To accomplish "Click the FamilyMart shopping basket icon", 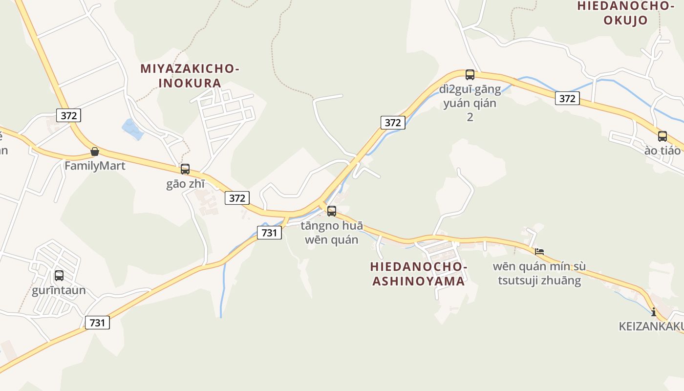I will (95, 152).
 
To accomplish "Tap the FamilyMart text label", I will (95, 166).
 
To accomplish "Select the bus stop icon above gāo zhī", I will (185, 169).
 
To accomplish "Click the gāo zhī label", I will (185, 184).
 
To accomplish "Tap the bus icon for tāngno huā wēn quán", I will (332, 211).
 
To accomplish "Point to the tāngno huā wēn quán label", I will (332, 233).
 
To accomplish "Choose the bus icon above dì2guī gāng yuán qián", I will (470, 75).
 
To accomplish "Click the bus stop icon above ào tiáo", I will (663, 136).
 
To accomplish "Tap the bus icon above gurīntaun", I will (59, 276).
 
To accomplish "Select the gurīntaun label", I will (59, 290).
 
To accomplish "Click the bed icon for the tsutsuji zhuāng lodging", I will (539, 252).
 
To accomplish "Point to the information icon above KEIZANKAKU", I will (654, 311).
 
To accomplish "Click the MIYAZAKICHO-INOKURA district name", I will (190, 76).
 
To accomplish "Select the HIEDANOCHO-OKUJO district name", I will (625, 13).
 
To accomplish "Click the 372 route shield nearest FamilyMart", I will (68, 115).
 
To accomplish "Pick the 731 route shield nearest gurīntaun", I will (97, 323).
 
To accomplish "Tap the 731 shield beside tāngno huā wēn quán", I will (269, 233).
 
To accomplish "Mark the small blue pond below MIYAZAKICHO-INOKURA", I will (131, 129).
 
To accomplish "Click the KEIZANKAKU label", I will (651, 326).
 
